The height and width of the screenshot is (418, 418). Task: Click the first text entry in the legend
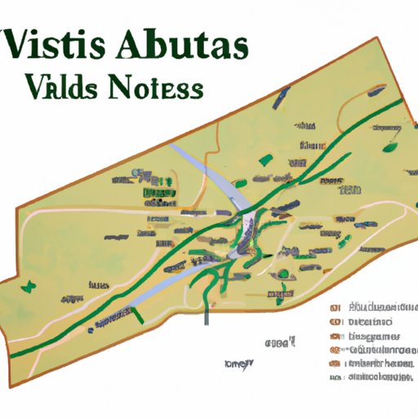point(379,309)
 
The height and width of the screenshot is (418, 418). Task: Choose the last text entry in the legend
point(379,378)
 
